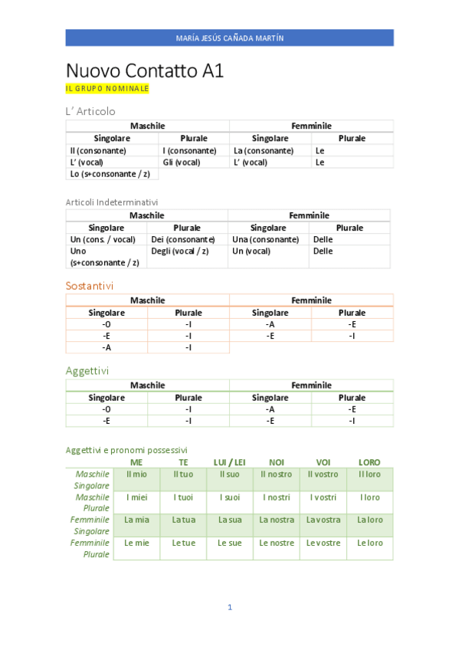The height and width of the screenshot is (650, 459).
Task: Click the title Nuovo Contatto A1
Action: pyautogui.click(x=145, y=71)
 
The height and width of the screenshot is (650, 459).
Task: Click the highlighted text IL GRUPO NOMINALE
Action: pyautogui.click(x=107, y=89)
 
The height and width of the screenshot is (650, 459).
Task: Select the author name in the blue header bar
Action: pyautogui.click(x=229, y=38)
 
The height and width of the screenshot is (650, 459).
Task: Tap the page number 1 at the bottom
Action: pyautogui.click(x=229, y=607)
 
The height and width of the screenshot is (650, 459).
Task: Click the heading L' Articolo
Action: pyautogui.click(x=90, y=111)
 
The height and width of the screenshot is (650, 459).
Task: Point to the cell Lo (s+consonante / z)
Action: pyautogui.click(x=110, y=174)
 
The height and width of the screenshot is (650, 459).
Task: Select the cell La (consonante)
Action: pyautogui.click(x=263, y=151)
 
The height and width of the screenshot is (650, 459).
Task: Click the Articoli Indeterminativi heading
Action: pyautogui.click(x=112, y=202)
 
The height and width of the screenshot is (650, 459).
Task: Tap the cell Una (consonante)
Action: pyautogui.click(x=265, y=239)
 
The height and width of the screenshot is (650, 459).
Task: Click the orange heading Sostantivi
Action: pyautogui.click(x=90, y=285)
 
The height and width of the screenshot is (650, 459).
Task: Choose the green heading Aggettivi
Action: pyautogui.click(x=87, y=370)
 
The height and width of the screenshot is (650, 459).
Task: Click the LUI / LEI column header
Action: pyautogui.click(x=229, y=462)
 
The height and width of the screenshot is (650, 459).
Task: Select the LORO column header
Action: pyautogui.click(x=369, y=462)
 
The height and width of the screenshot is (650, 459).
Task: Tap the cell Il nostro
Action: pyautogui.click(x=276, y=474)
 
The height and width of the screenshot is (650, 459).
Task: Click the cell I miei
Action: pyautogui.click(x=136, y=497)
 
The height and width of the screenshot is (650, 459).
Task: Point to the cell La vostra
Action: pyautogui.click(x=323, y=520)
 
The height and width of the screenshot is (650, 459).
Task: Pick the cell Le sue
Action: pyautogui.click(x=229, y=543)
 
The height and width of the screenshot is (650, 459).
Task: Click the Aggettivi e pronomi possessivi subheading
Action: pyautogui.click(x=126, y=450)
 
